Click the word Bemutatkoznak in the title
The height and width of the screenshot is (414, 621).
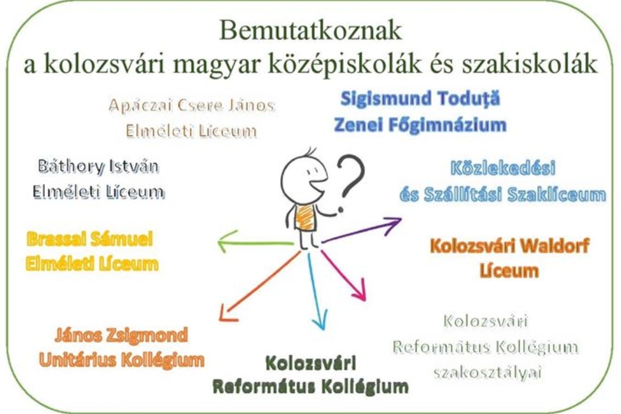[x=310, y=31]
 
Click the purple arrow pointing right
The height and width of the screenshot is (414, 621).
[x=361, y=230]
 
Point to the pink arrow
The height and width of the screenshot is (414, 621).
[x=343, y=275]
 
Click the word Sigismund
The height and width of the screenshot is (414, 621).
[x=380, y=99]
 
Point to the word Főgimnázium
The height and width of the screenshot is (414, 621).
[x=447, y=125]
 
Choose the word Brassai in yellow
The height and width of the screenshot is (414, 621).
[x=56, y=239]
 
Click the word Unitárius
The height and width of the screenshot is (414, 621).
[x=77, y=360]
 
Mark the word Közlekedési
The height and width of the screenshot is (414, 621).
[x=503, y=168]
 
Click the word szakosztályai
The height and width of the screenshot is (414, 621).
[x=488, y=373]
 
